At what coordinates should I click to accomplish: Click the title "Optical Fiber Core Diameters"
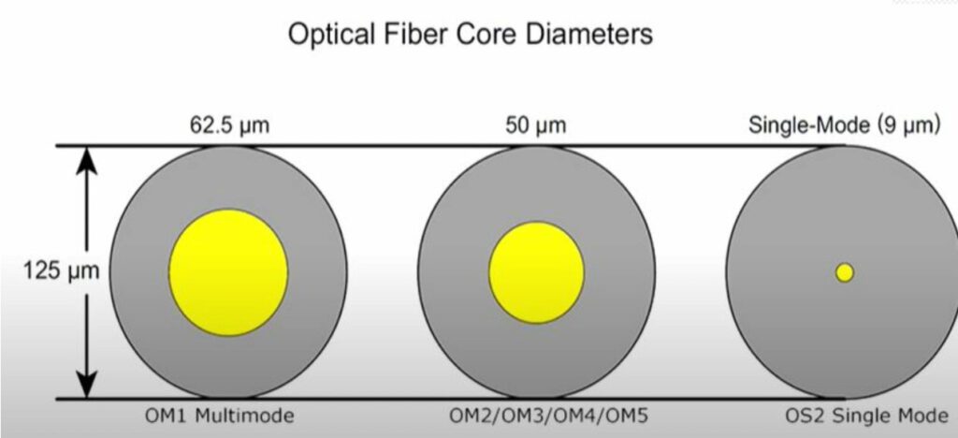470,35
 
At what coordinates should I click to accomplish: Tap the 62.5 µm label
229,125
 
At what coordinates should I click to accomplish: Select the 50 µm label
535,125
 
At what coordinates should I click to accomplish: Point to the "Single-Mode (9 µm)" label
844,125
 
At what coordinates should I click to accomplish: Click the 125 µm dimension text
61,271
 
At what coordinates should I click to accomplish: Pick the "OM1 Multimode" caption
219,416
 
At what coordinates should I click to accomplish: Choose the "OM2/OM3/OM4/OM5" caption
548,416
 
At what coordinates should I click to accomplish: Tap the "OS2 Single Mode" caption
865,416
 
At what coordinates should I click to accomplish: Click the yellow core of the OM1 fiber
228,272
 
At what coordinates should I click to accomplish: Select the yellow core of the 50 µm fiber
536,272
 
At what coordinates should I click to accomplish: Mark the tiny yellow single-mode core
845,272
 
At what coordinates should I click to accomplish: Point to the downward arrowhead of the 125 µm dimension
87,385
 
